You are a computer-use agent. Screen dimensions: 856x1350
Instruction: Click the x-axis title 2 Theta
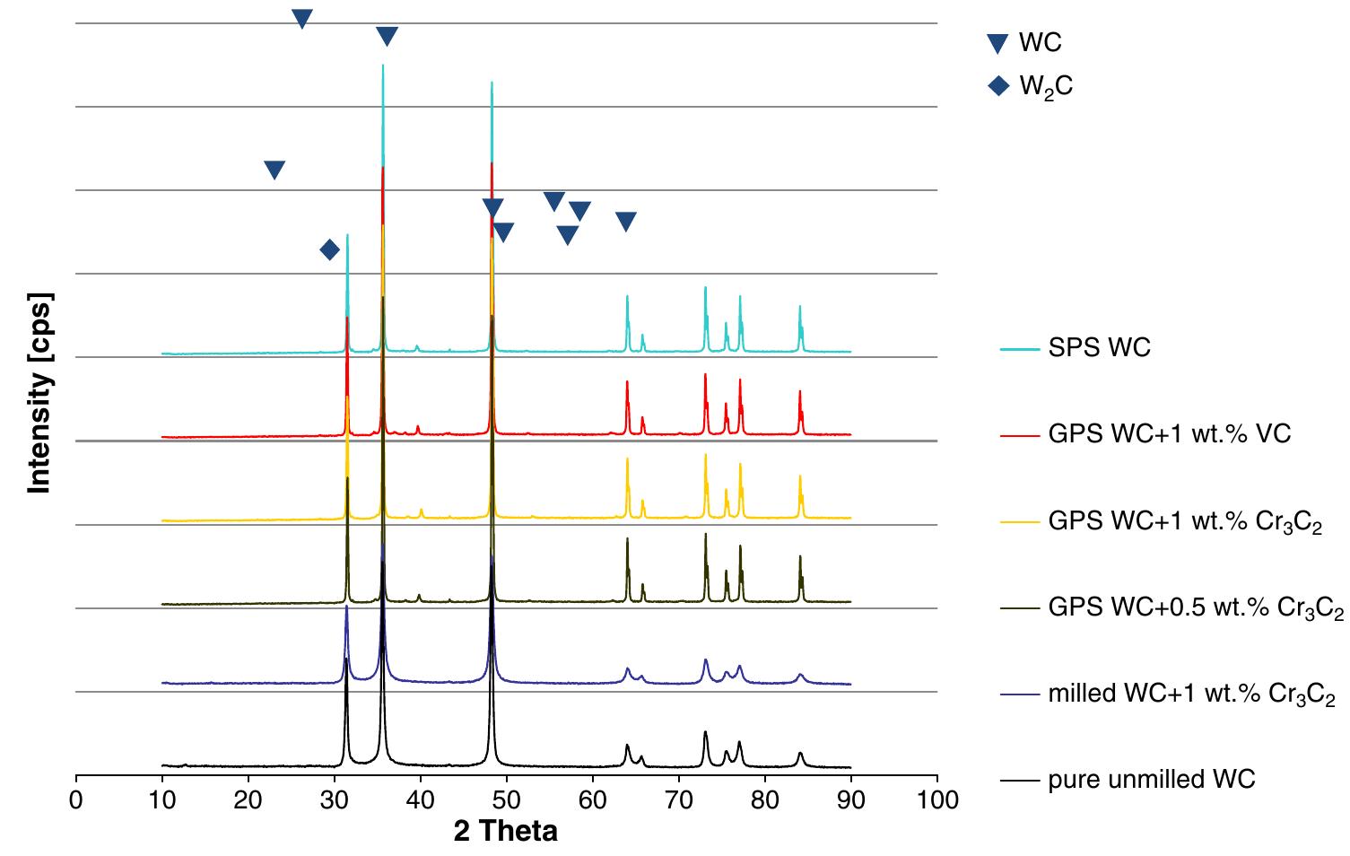coord(505,831)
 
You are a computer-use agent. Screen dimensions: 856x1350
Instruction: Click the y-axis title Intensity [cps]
coord(39,392)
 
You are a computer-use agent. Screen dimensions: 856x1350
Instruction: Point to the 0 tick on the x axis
coord(76,798)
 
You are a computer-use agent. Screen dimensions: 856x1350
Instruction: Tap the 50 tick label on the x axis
coord(507,798)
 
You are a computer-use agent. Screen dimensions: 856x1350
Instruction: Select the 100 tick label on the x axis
coord(937,798)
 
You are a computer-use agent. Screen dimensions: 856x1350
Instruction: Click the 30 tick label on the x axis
coord(335,798)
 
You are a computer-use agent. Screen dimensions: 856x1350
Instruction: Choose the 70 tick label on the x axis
coord(679,798)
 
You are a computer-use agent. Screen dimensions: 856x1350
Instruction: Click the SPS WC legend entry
coord(1099,347)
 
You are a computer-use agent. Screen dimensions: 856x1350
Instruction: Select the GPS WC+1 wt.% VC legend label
coord(1169,434)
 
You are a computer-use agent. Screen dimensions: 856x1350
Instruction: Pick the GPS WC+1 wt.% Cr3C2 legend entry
coord(1184,521)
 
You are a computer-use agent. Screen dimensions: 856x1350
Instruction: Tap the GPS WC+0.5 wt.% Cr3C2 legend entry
coord(1195,608)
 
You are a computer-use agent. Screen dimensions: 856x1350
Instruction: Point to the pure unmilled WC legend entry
coord(1151,780)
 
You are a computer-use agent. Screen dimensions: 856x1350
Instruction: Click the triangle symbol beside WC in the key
coord(997,43)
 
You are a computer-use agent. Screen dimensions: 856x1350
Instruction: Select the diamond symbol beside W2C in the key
coord(997,86)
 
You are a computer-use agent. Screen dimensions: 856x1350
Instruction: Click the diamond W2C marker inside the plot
coord(329,249)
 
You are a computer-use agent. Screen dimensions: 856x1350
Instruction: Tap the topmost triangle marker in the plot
coord(302,18)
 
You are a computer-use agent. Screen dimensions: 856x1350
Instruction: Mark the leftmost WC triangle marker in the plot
coord(274,170)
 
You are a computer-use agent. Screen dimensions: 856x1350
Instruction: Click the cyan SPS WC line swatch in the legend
coord(1020,348)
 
